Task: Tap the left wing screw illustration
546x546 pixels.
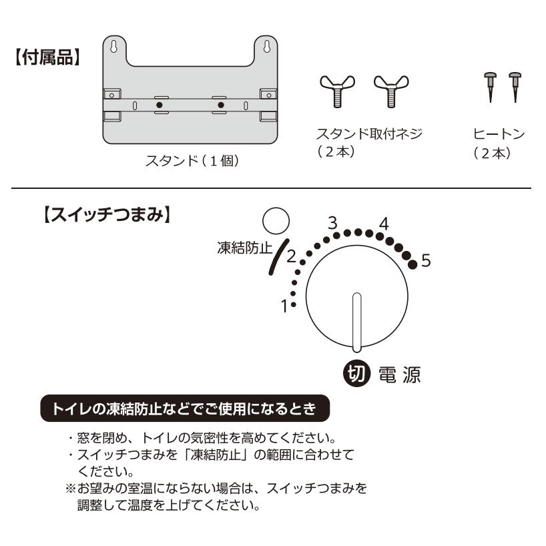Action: pyautogui.click(x=338, y=91)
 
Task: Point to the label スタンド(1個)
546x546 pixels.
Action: pyautogui.click(x=192, y=162)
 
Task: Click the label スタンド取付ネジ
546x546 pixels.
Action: pyautogui.click(x=371, y=134)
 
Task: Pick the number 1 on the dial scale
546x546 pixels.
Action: pyautogui.click(x=284, y=308)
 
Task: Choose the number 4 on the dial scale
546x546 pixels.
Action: pyautogui.click(x=383, y=223)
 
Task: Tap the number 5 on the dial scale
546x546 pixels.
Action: pyautogui.click(x=426, y=261)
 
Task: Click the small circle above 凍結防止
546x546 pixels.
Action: pyautogui.click(x=274, y=220)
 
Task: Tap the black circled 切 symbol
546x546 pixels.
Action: pyautogui.click(x=356, y=374)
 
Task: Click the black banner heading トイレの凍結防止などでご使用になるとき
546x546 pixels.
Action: pyautogui.click(x=184, y=406)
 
